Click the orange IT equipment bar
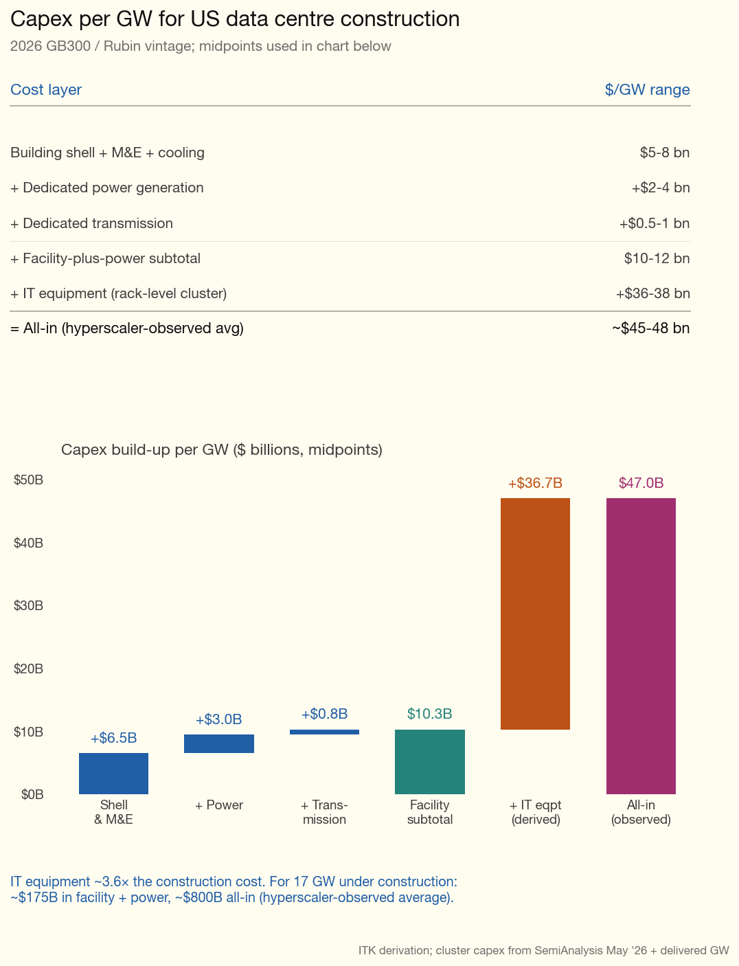click(x=535, y=614)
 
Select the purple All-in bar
click(x=641, y=646)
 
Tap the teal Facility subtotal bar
click(x=429, y=762)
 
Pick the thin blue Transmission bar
click(x=324, y=732)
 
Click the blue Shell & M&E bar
click(x=113, y=773)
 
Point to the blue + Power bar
click(x=219, y=744)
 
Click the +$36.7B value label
click(x=535, y=483)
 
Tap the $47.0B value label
click(x=641, y=483)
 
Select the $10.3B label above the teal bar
click(x=429, y=714)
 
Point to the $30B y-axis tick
click(x=28, y=605)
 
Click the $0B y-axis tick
click(x=32, y=794)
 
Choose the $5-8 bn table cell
click(x=665, y=153)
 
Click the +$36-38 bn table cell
click(x=652, y=293)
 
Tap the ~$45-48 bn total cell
click(x=650, y=328)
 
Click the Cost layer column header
click(x=46, y=89)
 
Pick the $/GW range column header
click(x=647, y=89)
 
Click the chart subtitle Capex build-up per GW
click(x=222, y=450)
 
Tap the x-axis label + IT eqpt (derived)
click(x=535, y=812)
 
